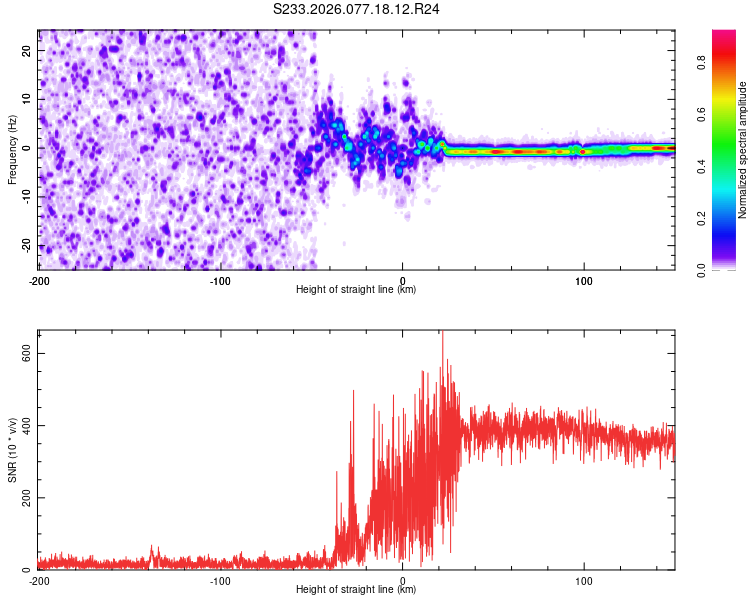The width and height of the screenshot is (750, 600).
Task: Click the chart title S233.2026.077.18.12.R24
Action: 357,9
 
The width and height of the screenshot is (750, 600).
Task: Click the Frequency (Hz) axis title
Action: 13,149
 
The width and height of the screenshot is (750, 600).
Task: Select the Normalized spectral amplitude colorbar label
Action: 743,150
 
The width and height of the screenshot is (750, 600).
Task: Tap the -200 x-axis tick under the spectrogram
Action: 39,280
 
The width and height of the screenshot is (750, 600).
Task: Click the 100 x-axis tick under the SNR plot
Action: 584,580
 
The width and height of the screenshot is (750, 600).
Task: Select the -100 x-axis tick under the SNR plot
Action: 220,580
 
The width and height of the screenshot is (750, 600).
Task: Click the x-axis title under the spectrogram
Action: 357,290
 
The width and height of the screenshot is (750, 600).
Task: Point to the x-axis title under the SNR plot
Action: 357,590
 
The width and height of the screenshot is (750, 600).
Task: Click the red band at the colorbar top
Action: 724,37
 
